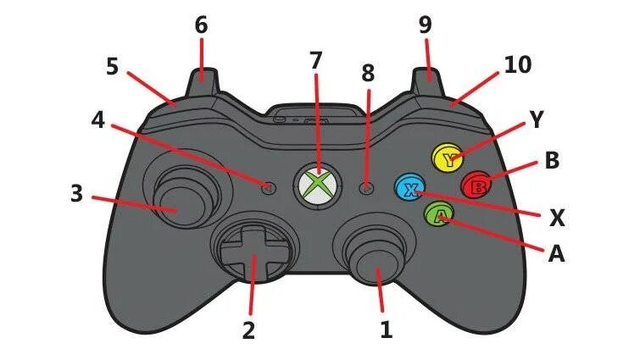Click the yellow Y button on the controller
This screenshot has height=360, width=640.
tap(446, 157)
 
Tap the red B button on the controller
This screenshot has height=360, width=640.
tap(476, 183)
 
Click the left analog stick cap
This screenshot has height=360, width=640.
tap(175, 201)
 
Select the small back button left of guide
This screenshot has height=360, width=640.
tap(270, 187)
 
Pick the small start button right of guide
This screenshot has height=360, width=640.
tap(366, 188)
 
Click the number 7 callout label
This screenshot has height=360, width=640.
tap(316, 60)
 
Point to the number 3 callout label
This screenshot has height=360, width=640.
tap(76, 194)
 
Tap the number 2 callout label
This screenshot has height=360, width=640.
tap(248, 330)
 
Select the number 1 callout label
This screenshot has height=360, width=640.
tap(387, 329)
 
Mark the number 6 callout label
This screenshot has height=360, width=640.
tap(201, 25)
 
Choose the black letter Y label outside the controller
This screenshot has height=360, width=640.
tap(535, 120)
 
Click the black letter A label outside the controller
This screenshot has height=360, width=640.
tap(556, 253)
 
